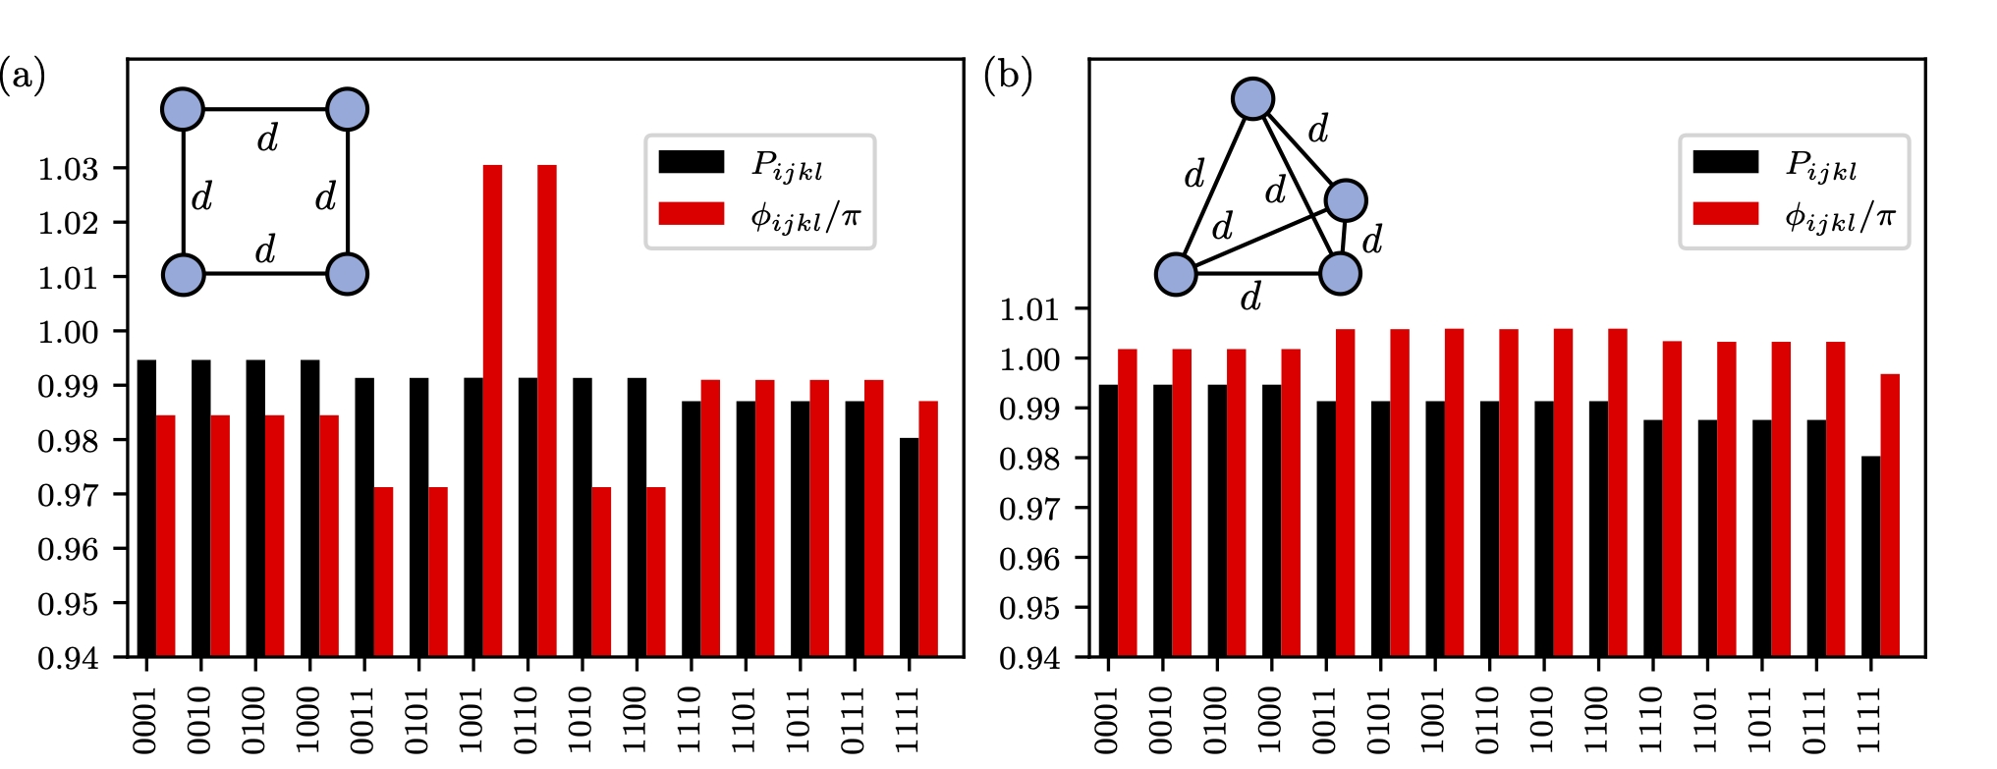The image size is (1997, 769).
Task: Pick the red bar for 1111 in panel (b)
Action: (1890, 515)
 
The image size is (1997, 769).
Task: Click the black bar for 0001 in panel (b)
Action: (1108, 521)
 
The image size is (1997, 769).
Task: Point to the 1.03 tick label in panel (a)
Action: (68, 169)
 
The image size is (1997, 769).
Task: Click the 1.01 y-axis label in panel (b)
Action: (1029, 309)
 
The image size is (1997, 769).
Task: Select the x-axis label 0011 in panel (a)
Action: (364, 720)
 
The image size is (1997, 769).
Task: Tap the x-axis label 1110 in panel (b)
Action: (1653, 720)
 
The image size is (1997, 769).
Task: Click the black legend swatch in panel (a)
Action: (692, 162)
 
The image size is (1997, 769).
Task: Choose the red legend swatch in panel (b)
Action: (1726, 214)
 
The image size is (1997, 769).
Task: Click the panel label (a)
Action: (23, 76)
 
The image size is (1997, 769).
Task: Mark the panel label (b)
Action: (1008, 76)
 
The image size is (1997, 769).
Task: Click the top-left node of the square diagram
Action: (183, 109)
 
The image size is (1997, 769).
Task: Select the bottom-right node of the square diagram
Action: (347, 274)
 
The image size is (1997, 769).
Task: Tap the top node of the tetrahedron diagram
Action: (1252, 98)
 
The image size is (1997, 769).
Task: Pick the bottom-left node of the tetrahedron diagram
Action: (1176, 274)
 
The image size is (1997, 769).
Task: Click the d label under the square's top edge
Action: (267, 138)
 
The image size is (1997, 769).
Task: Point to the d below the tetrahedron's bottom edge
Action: (1250, 297)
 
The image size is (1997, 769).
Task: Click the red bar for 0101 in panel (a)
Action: (438, 572)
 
